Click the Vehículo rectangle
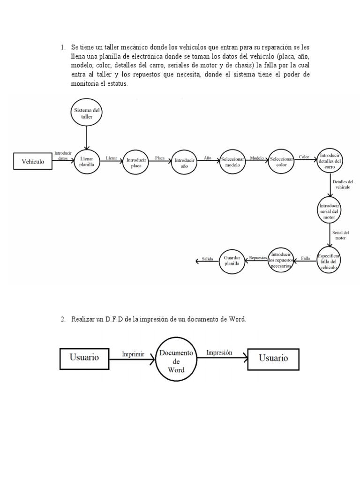coord(33,162)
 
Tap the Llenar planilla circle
coord(87,162)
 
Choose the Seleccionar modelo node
coord(233,162)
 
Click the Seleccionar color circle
coord(281,162)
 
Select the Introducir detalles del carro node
coord(330,162)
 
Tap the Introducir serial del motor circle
coord(330,210)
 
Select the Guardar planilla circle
coord(232,260)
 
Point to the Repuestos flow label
coord(258,258)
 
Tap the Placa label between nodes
coord(159,158)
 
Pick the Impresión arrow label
coord(219,353)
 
